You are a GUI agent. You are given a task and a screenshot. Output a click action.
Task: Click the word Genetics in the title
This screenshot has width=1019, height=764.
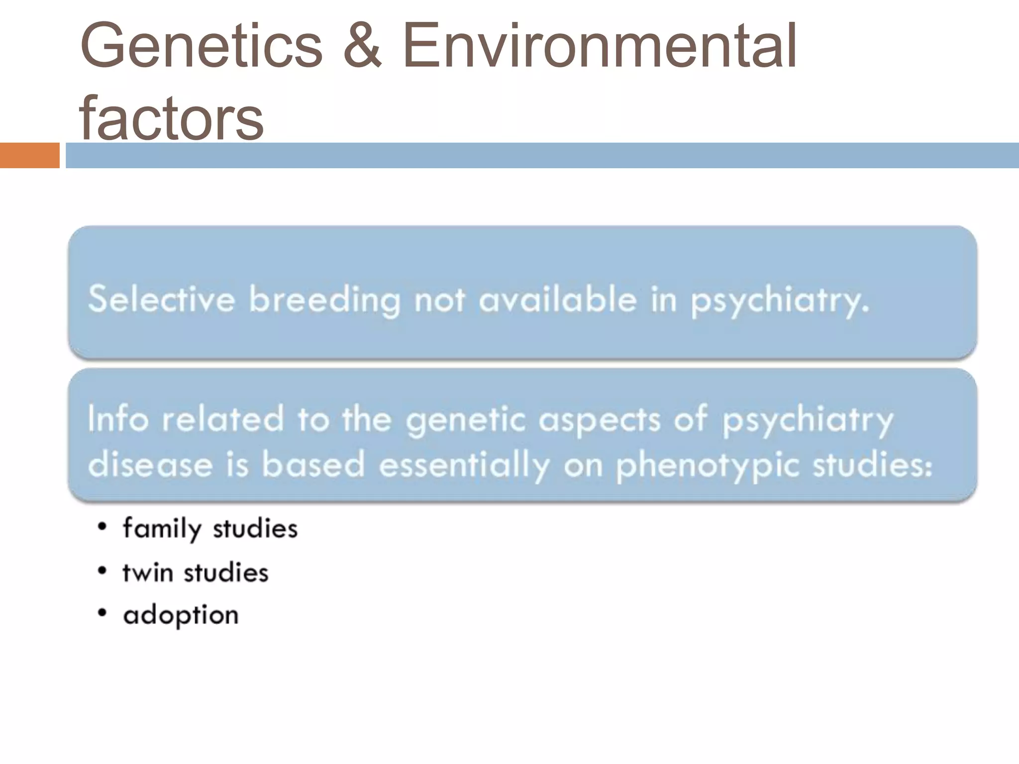201,46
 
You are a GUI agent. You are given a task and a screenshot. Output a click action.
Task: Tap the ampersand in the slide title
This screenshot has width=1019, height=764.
362,46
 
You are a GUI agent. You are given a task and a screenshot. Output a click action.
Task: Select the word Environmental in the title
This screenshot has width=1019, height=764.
599,46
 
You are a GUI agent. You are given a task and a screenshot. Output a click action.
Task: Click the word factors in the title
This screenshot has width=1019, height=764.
171,118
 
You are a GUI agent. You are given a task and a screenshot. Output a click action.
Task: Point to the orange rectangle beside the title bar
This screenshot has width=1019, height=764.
29,155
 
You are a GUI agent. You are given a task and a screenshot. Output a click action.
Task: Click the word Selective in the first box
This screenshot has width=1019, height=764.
161,299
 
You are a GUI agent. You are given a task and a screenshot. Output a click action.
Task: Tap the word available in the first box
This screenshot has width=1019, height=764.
557,299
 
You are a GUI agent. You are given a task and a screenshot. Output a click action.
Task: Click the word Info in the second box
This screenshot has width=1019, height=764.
118,418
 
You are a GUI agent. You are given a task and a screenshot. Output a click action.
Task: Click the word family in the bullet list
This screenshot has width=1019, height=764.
162,529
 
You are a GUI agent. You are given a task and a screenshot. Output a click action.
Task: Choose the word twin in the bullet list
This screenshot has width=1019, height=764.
148,573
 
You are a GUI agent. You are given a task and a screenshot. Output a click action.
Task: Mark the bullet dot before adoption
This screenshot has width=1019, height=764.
102,614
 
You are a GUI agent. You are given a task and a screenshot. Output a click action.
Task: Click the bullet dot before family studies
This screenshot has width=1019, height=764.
102,527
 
